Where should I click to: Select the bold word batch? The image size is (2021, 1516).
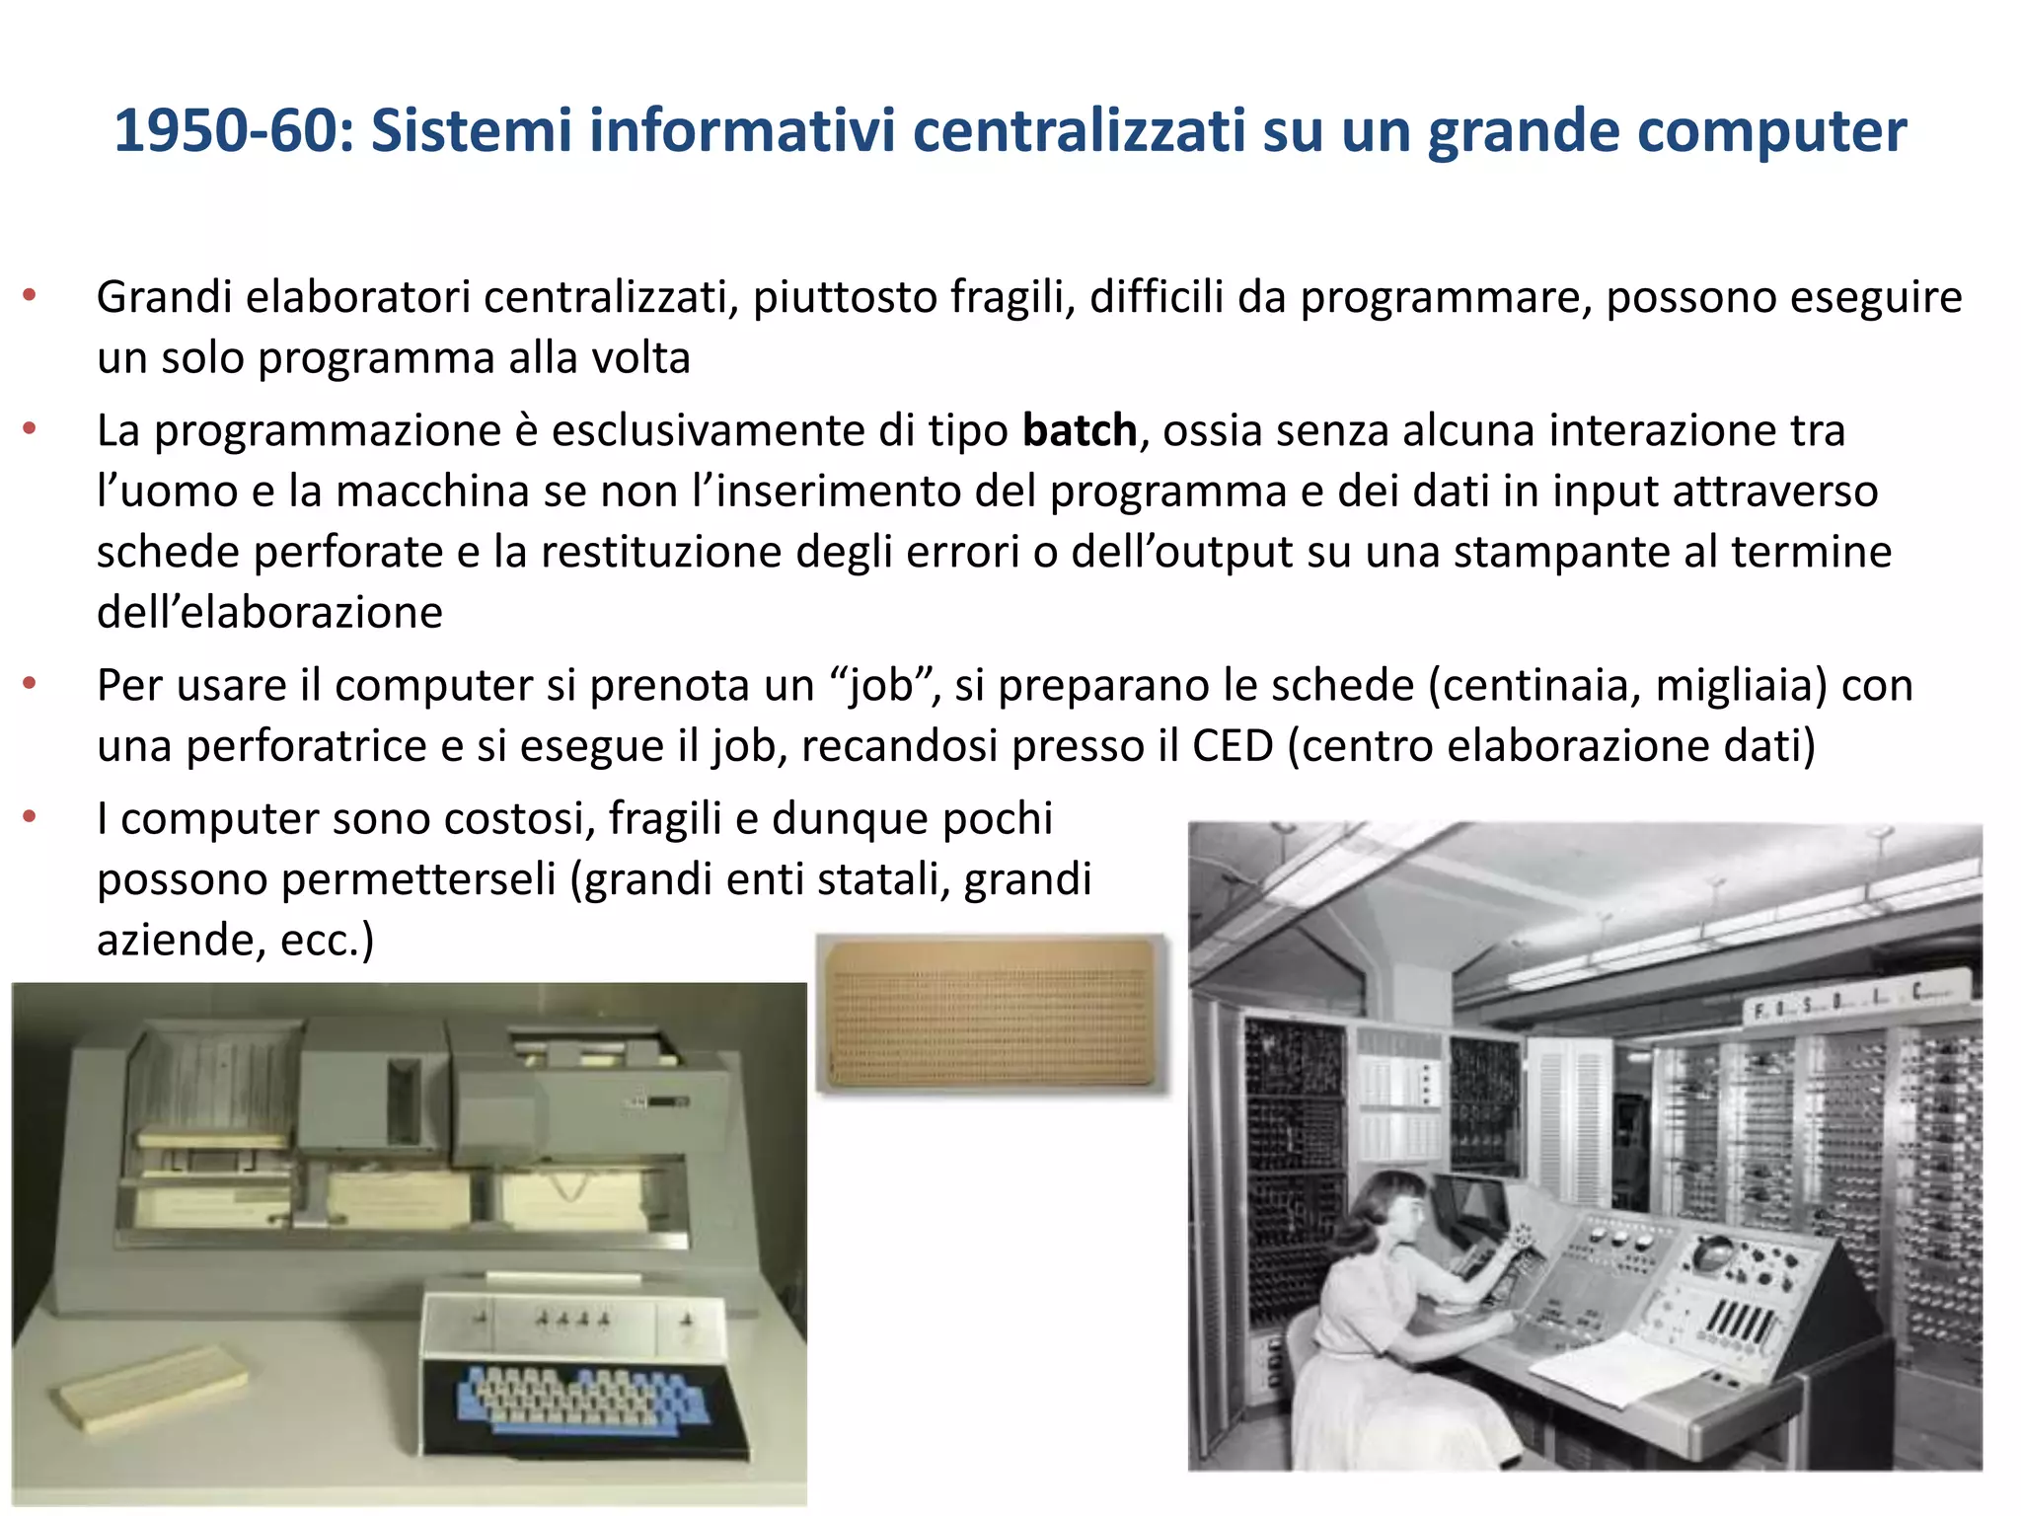(1079, 431)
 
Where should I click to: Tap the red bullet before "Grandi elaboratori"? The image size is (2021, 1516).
(30, 294)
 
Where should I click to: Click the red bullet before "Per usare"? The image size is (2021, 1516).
(30, 682)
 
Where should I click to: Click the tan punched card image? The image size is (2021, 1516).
(992, 1014)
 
